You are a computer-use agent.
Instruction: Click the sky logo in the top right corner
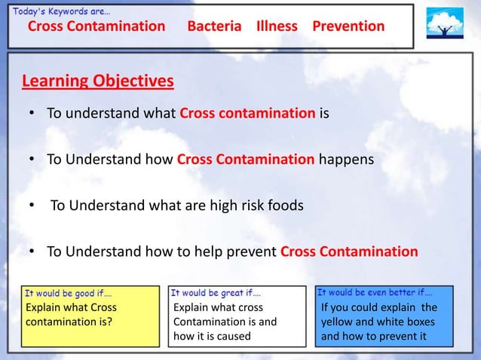pyautogui.click(x=445, y=24)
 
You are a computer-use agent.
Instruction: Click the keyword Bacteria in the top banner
pyautogui.click(x=214, y=26)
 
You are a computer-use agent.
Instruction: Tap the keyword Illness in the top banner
pyautogui.click(x=277, y=26)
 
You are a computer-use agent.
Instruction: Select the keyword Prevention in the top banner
pyautogui.click(x=348, y=26)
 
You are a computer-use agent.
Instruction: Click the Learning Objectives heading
pyautogui.click(x=98, y=81)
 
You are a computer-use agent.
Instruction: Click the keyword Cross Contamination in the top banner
pyautogui.click(x=97, y=26)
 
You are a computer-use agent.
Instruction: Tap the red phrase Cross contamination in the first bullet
pyautogui.click(x=247, y=114)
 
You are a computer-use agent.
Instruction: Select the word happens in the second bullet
pyautogui.click(x=345, y=160)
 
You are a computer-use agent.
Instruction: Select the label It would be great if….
pyautogui.click(x=216, y=291)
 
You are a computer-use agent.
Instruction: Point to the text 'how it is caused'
pyautogui.click(x=212, y=336)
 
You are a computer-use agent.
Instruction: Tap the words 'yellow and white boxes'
pyautogui.click(x=378, y=322)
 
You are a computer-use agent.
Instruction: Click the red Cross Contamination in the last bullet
pyautogui.click(x=348, y=252)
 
